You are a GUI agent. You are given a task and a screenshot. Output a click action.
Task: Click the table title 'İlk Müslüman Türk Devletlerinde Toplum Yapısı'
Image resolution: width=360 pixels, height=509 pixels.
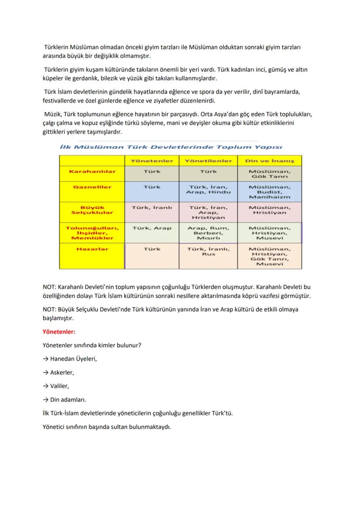(x=171, y=147)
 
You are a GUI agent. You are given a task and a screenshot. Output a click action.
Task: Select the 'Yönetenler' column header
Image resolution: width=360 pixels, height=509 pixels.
(x=152, y=161)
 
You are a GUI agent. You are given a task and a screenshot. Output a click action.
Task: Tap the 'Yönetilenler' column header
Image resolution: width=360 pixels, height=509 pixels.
(x=208, y=161)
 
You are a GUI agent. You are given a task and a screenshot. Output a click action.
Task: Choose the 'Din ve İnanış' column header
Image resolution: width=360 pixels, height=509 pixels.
(x=270, y=161)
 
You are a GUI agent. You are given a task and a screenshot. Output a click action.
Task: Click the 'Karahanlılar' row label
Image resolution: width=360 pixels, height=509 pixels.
(x=92, y=171)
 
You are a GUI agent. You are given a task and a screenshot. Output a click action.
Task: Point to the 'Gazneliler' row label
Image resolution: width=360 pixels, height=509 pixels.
(x=92, y=187)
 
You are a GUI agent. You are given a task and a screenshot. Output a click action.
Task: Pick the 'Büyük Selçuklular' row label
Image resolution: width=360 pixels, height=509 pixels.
(x=92, y=210)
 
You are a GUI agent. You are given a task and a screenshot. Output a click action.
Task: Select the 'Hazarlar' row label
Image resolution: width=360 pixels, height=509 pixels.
(x=92, y=249)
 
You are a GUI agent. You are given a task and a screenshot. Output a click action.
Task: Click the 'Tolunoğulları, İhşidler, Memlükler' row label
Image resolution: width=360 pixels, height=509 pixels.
(x=92, y=233)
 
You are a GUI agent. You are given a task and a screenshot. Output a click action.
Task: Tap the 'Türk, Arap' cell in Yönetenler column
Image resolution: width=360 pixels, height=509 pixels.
(x=152, y=228)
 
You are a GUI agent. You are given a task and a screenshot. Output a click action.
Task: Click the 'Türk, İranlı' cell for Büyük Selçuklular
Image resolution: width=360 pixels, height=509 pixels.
(x=152, y=207)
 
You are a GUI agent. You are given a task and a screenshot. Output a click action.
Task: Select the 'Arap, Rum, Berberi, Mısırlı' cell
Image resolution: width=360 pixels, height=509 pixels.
(x=208, y=233)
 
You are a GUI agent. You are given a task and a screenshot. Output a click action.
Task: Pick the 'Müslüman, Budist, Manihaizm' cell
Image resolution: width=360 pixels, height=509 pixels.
(x=270, y=192)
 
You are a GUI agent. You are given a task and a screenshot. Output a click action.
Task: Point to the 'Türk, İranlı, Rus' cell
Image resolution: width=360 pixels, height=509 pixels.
(x=208, y=252)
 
